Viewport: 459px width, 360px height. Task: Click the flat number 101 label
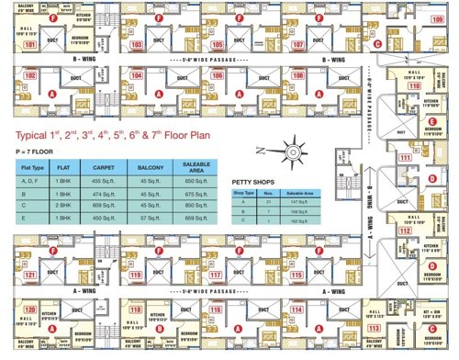pyautogui.click(x=30, y=44)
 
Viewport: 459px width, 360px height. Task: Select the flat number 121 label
pyautogui.click(x=30, y=275)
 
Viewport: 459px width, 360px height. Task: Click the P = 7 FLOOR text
pyautogui.click(x=33, y=150)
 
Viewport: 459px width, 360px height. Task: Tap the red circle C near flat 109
pyautogui.click(x=379, y=43)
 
